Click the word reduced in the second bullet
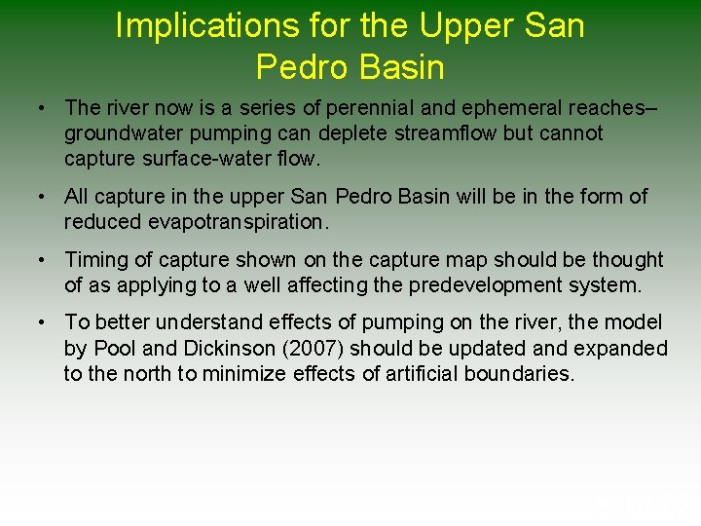104,222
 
